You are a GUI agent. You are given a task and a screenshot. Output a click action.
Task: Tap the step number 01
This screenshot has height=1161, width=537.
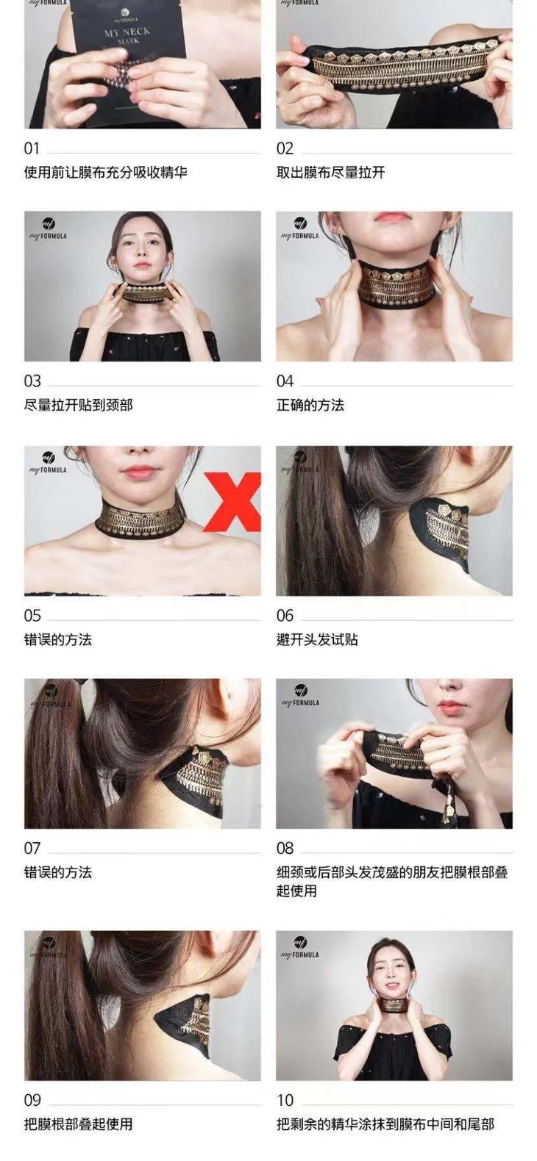pyautogui.click(x=32, y=148)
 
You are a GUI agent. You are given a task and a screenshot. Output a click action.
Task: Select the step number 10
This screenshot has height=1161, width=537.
pyautogui.click(x=285, y=1100)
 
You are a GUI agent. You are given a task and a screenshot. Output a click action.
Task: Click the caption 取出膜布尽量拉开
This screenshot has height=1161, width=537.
pyautogui.click(x=330, y=173)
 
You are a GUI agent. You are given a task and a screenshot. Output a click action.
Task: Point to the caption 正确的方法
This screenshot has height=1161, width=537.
pyautogui.click(x=310, y=405)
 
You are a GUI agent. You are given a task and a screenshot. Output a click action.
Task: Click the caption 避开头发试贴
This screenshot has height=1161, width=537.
pyautogui.click(x=316, y=639)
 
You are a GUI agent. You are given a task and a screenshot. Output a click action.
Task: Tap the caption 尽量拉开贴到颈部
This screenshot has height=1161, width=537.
pyautogui.click(x=78, y=405)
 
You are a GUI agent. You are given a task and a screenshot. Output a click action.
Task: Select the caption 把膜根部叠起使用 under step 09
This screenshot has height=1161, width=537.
pyautogui.click(x=78, y=1124)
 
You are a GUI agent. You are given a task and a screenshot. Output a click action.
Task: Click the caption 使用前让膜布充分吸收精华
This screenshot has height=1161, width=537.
pyautogui.click(x=105, y=173)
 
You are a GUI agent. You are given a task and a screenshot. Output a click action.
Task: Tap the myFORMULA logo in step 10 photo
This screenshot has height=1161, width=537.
pyautogui.click(x=299, y=947)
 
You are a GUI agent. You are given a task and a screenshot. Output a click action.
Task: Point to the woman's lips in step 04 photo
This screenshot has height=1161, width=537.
pyautogui.click(x=392, y=218)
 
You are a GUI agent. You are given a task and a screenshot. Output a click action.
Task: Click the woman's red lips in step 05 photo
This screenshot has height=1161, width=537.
pyautogui.click(x=140, y=471)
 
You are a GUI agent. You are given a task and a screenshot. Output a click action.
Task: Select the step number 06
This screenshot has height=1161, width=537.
pyautogui.click(x=285, y=616)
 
